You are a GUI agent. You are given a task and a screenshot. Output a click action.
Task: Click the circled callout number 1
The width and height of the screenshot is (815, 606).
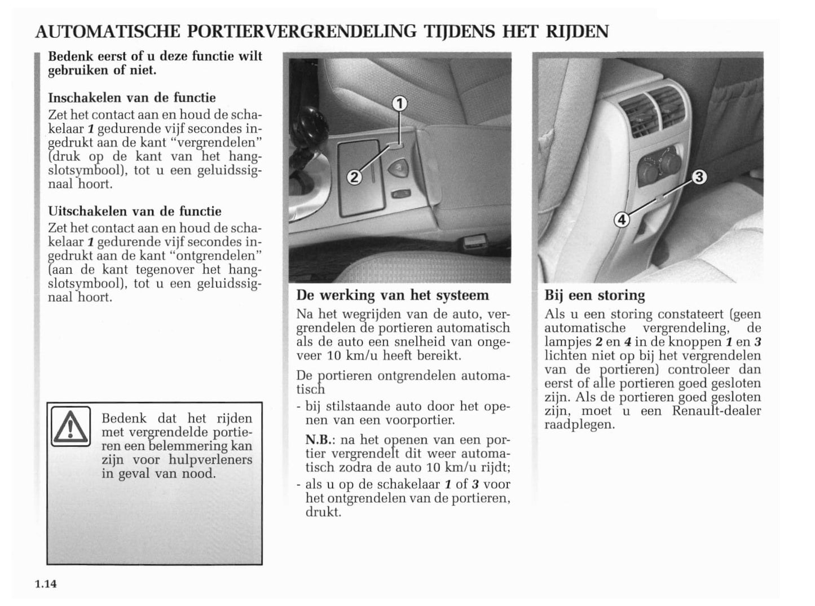point(399,103)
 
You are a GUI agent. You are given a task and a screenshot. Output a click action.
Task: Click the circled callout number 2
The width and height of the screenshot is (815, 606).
point(354,177)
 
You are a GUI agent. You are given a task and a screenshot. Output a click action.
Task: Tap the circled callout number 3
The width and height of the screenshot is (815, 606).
point(698,177)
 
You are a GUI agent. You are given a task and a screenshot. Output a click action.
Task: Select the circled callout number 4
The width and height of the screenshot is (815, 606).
point(622,219)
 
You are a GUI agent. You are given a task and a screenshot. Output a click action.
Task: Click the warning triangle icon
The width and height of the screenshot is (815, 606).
point(70,427)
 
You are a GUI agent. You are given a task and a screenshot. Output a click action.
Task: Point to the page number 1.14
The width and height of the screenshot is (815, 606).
point(46,583)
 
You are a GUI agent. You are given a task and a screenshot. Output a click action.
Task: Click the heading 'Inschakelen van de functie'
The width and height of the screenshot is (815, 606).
point(131,98)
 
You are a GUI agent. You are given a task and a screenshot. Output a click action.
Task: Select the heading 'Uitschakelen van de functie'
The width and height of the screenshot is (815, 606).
point(134,212)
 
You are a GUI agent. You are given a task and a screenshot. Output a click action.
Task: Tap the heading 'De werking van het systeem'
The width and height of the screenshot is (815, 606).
point(393,295)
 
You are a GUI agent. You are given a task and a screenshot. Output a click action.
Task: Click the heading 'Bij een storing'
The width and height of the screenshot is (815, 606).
point(594,295)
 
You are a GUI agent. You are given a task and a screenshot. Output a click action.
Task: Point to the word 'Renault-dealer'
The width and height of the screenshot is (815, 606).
point(716,411)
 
